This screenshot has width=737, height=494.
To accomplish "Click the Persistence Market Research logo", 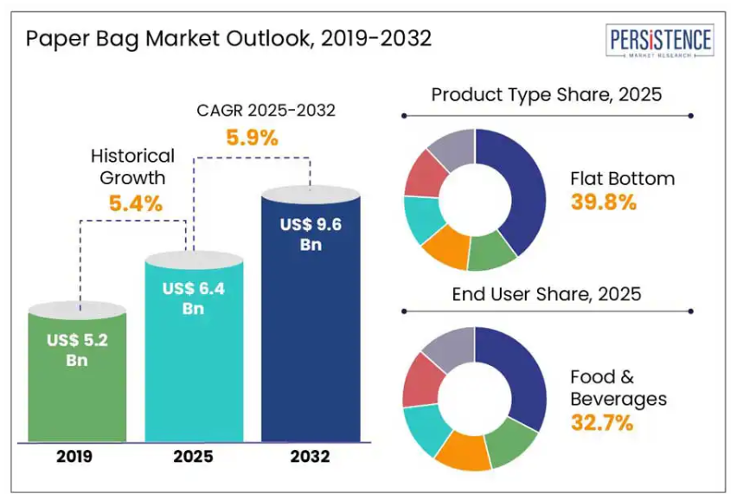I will [x=662, y=42].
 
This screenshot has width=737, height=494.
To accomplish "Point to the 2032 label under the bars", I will [x=311, y=457].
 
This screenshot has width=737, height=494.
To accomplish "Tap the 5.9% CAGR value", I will [x=252, y=137].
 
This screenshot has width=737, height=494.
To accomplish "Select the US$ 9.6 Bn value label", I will [x=311, y=234].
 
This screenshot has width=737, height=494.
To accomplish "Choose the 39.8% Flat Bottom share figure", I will [x=603, y=202].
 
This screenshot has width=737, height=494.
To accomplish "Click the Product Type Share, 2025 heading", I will [x=546, y=94].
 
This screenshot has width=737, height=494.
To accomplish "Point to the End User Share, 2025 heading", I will [x=547, y=294].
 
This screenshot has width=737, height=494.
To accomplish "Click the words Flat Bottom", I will [x=622, y=179].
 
